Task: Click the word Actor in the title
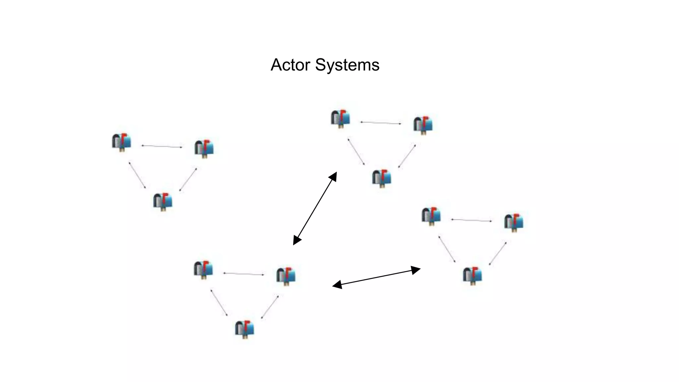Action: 290,65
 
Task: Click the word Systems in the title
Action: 347,65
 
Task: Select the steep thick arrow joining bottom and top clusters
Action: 315,208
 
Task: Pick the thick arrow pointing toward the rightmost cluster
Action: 376,278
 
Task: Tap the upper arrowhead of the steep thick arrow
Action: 334,176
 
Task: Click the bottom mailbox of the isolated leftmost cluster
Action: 162,201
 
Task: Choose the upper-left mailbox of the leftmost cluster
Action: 121,142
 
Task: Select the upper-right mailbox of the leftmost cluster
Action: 204,148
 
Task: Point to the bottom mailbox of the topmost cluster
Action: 382,178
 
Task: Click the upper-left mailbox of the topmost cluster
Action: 340,118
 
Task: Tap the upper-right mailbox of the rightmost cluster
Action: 514,222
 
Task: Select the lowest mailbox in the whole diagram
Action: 245,329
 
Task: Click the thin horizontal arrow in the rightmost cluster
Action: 471,220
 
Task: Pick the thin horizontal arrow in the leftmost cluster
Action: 162,146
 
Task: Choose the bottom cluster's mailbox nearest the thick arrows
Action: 286,276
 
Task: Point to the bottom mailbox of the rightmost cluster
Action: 472,275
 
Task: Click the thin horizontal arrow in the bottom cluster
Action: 244,274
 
